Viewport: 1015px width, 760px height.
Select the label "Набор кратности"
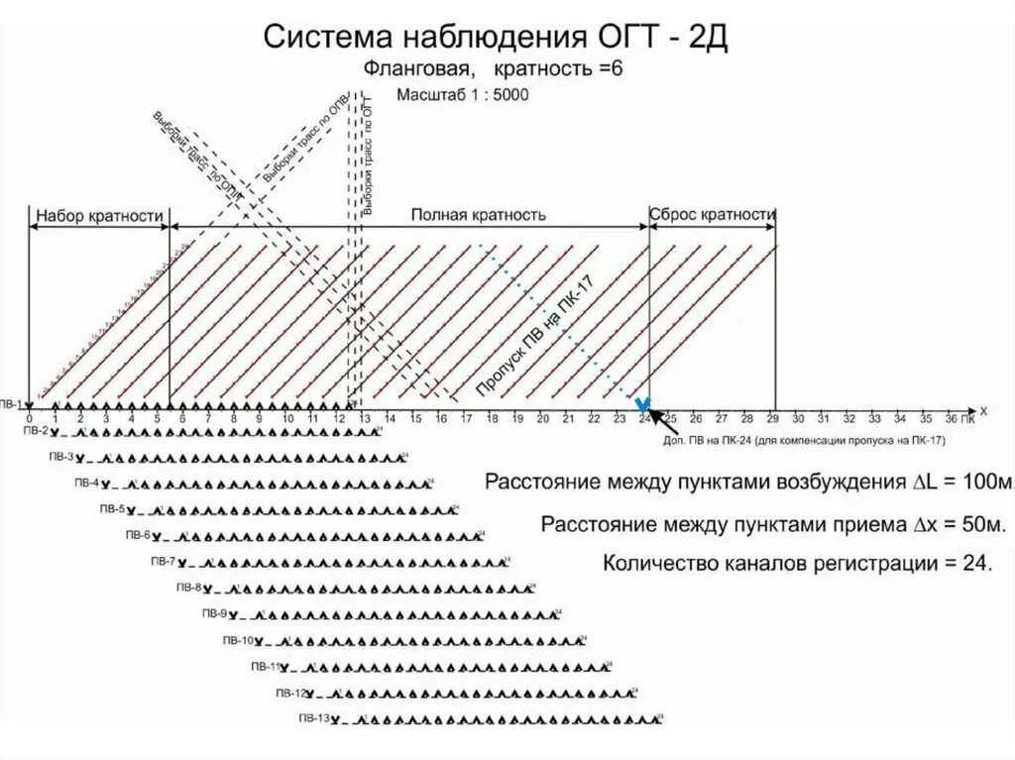coord(98,215)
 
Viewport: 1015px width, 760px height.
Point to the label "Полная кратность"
coord(479,214)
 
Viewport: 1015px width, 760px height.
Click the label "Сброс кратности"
coord(712,214)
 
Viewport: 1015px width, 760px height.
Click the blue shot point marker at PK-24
coord(643,404)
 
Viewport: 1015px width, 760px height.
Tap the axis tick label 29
coord(772,418)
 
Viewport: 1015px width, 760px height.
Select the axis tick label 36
coord(951,418)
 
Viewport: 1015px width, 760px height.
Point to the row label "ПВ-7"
coord(162,561)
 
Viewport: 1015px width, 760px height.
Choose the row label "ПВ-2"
coord(36,431)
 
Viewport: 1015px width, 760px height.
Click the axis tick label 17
coord(466,418)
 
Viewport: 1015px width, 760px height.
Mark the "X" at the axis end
coord(983,409)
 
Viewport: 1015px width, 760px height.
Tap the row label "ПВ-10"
coord(238,638)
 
